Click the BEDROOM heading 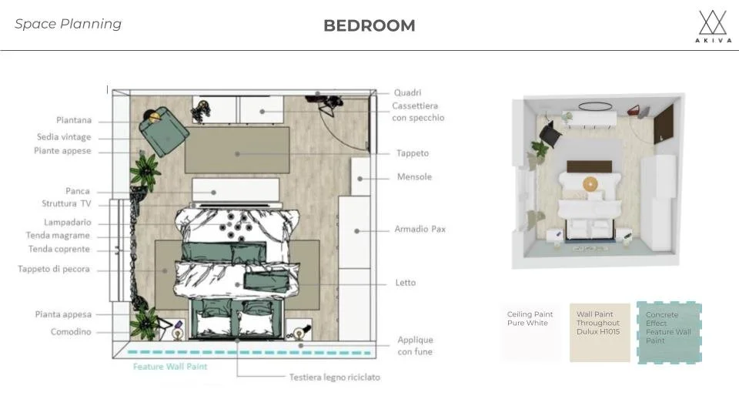point(369,25)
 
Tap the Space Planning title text point(68,24)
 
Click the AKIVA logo point(713,26)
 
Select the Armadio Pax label point(420,230)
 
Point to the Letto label point(406,283)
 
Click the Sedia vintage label point(64,137)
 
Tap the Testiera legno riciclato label point(335,377)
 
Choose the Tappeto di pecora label point(54,269)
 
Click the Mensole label point(414,177)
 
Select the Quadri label point(408,92)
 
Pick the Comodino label point(71,331)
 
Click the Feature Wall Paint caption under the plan point(169,367)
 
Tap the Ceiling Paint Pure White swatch point(531,332)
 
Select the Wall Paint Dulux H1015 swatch point(600,333)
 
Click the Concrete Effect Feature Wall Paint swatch point(669,333)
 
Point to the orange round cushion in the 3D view point(590,183)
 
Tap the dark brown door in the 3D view point(664,124)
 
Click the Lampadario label point(68,222)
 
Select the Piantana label point(74,120)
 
